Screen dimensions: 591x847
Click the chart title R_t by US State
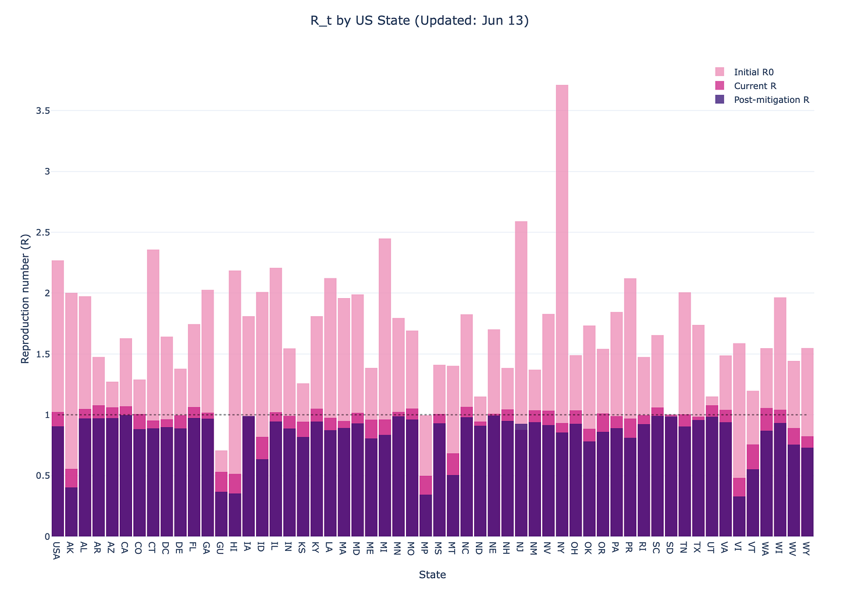(419, 21)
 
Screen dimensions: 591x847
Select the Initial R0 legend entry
(753, 72)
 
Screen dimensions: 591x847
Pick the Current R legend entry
(755, 86)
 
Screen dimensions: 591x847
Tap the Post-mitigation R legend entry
(771, 100)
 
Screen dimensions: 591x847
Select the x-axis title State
(432, 575)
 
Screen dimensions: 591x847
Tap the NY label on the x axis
(562, 548)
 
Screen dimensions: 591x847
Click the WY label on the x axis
(807, 549)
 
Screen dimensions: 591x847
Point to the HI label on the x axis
(234, 547)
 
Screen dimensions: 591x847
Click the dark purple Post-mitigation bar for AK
(71, 511)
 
